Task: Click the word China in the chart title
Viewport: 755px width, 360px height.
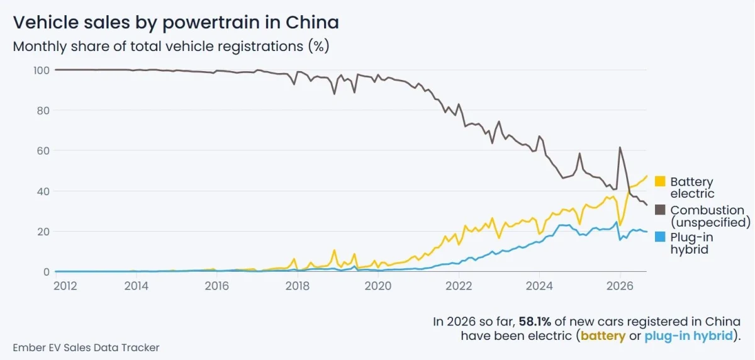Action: tap(312, 22)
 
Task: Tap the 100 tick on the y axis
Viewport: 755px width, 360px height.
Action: tap(41, 70)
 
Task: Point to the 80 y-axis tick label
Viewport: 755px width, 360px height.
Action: tap(43, 111)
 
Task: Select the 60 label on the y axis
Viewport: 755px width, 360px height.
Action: tap(43, 150)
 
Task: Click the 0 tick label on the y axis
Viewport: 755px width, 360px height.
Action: tap(47, 272)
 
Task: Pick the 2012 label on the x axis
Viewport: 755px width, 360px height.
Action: tap(65, 286)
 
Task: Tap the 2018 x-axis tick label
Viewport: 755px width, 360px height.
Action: tap(297, 286)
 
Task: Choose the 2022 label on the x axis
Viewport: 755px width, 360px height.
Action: tap(459, 286)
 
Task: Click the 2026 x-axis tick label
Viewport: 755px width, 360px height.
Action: tap(620, 286)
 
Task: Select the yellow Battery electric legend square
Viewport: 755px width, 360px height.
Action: tap(660, 181)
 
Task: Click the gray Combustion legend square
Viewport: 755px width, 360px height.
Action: tap(660, 210)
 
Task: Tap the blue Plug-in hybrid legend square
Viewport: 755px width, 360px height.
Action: tap(660, 237)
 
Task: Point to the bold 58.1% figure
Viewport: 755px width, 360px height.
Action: tap(535, 322)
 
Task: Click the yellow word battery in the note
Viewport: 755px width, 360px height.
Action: tap(603, 335)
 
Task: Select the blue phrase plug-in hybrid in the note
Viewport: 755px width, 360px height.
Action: tap(688, 335)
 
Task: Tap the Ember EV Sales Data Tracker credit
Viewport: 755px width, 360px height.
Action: tap(86, 347)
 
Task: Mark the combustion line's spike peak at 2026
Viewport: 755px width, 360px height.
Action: tap(620, 147)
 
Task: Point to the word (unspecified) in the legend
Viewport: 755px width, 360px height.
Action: tap(710, 222)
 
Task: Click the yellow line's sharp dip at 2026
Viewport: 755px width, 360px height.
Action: tap(620, 225)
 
